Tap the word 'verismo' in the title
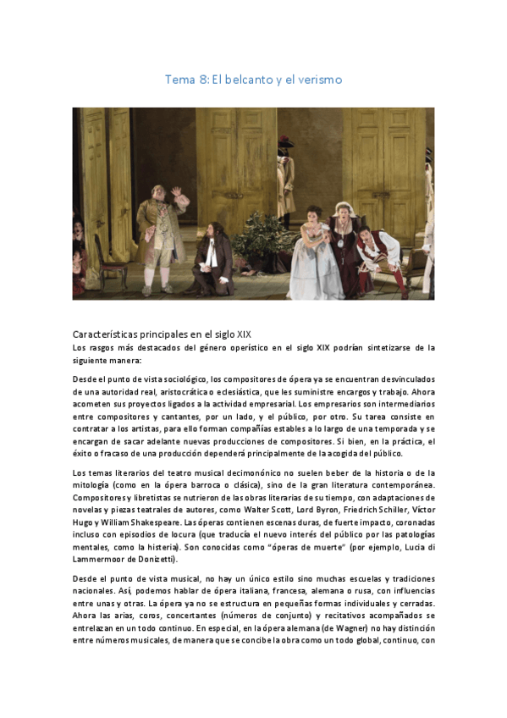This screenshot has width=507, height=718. [x=318, y=80]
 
